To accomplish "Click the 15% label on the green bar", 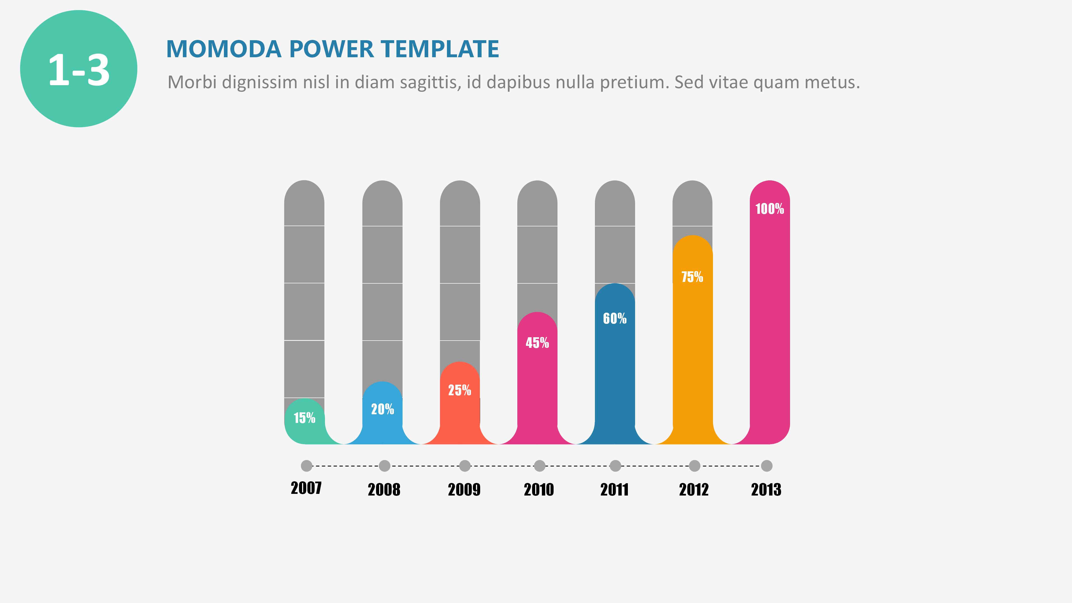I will pyautogui.click(x=304, y=418).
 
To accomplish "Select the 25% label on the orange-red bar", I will pyautogui.click(x=460, y=390).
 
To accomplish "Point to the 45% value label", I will pyautogui.click(x=537, y=343).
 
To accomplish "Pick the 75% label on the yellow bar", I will pyautogui.click(x=692, y=277).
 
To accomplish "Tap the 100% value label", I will pyautogui.click(x=769, y=209).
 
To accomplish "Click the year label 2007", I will pyautogui.click(x=306, y=488).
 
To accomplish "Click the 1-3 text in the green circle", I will pyautogui.click(x=79, y=70).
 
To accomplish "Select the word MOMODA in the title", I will pyautogui.click(x=224, y=49).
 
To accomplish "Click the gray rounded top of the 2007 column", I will pyautogui.click(x=304, y=200).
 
